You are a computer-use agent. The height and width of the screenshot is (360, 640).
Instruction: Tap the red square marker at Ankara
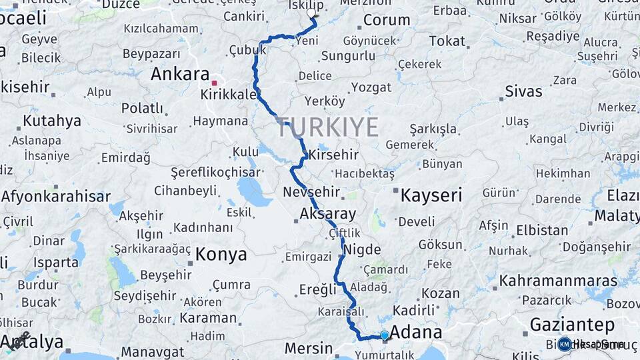click(x=214, y=84)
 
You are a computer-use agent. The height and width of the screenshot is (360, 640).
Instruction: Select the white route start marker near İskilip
click(x=311, y=13)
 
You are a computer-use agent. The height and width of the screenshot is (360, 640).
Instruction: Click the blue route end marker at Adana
click(x=385, y=335)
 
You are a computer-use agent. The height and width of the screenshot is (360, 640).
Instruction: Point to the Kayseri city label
click(x=431, y=195)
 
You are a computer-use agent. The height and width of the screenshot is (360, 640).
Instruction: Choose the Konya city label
click(x=221, y=254)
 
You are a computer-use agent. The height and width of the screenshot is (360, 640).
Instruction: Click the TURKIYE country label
click(x=327, y=127)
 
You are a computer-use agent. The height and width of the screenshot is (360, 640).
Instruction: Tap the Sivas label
click(x=523, y=91)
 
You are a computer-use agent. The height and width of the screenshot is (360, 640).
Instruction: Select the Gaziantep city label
click(x=571, y=325)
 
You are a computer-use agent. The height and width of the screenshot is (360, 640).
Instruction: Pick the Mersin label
click(x=308, y=348)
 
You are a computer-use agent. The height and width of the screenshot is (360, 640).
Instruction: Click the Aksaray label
click(x=328, y=214)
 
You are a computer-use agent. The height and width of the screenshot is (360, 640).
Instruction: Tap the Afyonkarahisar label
click(x=55, y=197)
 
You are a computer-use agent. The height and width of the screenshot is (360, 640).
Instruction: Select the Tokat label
click(x=447, y=41)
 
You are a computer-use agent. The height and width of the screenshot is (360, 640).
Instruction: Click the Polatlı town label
click(x=142, y=108)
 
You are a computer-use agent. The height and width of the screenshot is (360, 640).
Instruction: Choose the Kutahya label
click(x=52, y=121)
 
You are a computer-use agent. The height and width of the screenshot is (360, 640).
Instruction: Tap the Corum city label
click(x=386, y=20)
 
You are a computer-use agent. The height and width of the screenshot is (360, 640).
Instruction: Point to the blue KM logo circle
click(x=564, y=344)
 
